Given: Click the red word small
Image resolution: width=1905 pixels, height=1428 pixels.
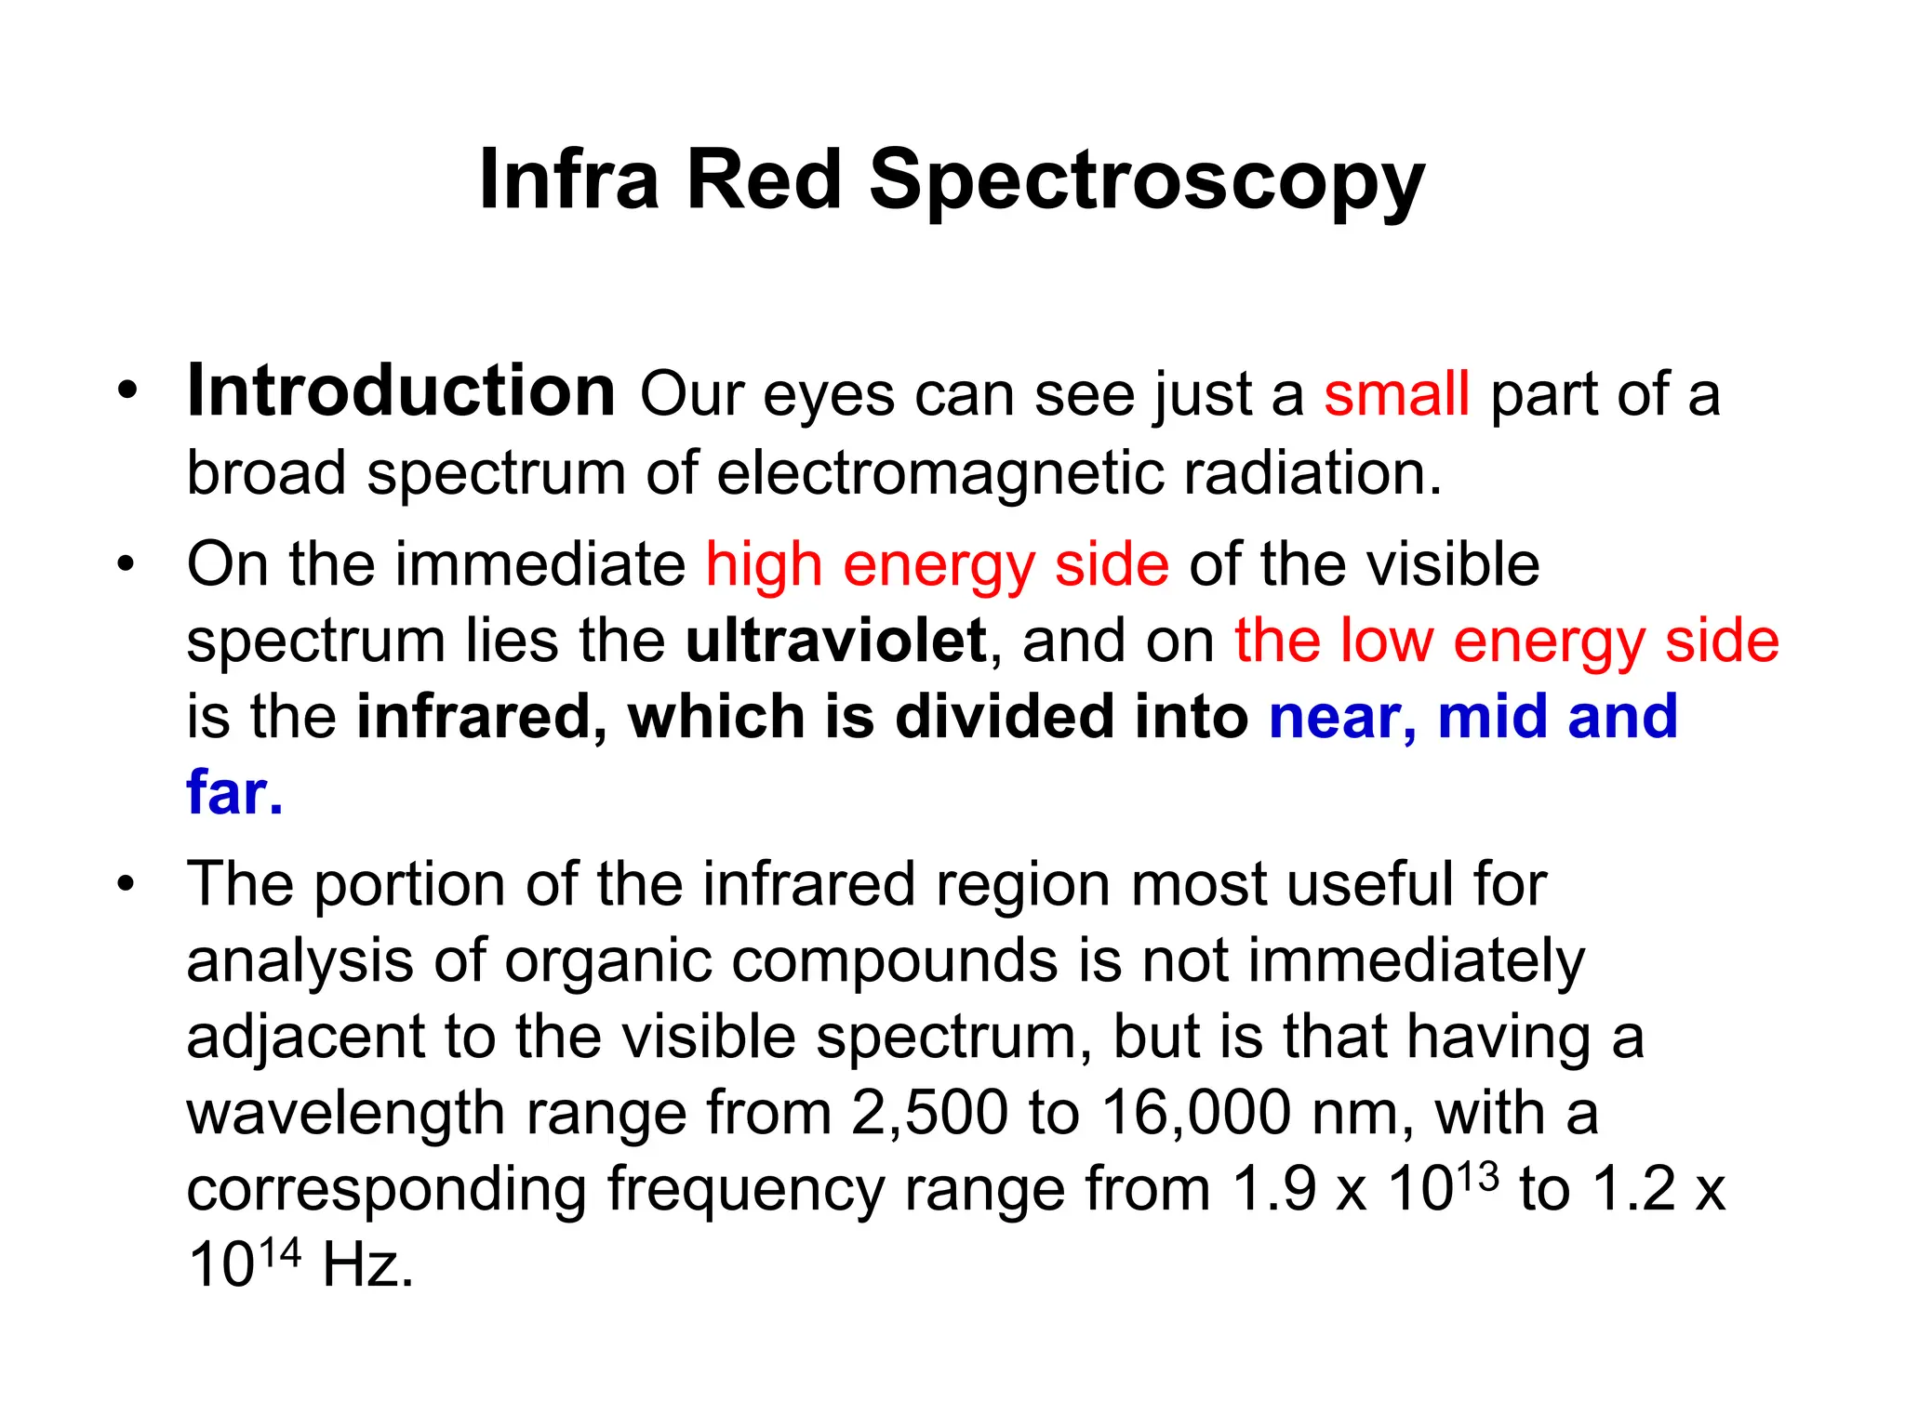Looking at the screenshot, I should pyautogui.click(x=1396, y=394).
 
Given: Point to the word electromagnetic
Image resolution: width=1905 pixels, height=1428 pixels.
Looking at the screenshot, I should pyautogui.click(x=940, y=473).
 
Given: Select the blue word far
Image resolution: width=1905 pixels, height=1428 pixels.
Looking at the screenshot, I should pyautogui.click(x=233, y=792).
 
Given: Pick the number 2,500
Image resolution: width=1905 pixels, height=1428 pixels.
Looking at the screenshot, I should pyautogui.click(x=929, y=1113).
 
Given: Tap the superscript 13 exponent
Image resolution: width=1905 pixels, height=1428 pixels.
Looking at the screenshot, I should pyautogui.click(x=1477, y=1177).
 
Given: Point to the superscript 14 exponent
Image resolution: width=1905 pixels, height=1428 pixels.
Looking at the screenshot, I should pyautogui.click(x=279, y=1253).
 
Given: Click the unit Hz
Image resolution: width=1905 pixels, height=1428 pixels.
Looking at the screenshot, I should pyautogui.click(x=366, y=1266).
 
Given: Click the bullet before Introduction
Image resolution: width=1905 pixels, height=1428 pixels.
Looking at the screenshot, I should pyautogui.click(x=127, y=391).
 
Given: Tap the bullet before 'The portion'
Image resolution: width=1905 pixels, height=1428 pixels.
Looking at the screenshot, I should pyautogui.click(x=127, y=883).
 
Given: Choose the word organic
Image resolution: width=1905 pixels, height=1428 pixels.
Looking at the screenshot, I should pyautogui.click(x=608, y=961).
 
